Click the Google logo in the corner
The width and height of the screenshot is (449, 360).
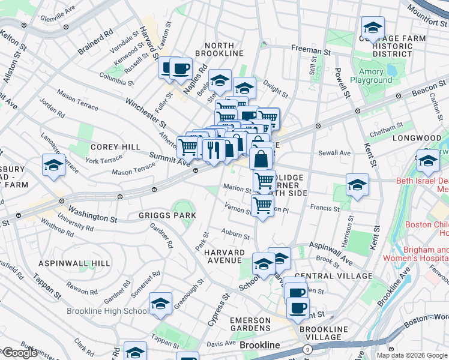pos(19,353)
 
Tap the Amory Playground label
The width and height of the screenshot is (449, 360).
pos(367,76)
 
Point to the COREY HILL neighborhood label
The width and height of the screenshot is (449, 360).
pos(115,147)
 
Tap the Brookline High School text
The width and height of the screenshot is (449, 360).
pos(107,311)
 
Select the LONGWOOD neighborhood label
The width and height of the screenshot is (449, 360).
pos(412,138)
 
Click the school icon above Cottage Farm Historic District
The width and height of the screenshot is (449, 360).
pos(373,28)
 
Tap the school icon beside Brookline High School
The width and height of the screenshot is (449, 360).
pos(161,304)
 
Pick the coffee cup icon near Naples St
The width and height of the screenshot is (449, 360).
pos(181,68)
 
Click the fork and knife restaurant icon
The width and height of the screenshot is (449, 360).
pos(213,148)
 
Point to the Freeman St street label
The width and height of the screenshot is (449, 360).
pos(311,51)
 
